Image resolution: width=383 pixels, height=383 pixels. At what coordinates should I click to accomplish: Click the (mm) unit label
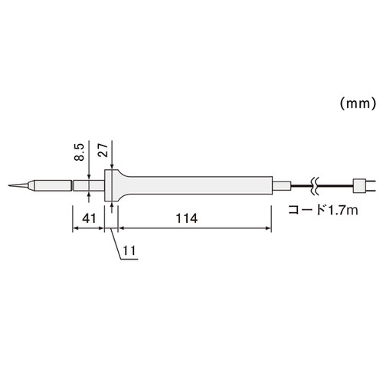coord(358,103)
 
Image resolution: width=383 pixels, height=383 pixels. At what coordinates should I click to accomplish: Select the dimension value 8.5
coord(79,152)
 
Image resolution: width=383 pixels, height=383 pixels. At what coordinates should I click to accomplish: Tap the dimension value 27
coord(103,150)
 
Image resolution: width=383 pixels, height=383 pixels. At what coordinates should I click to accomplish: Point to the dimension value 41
coord(89,218)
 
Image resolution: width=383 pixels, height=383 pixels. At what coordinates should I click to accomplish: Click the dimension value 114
coord(187,218)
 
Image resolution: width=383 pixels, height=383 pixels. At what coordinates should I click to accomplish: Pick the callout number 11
coord(129,250)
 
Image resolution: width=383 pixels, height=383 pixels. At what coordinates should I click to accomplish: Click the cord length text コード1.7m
coord(323,210)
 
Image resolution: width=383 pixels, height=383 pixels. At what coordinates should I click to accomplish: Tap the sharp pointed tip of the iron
coord(8,185)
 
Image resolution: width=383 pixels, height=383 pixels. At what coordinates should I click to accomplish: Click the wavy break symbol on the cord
coord(316,186)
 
